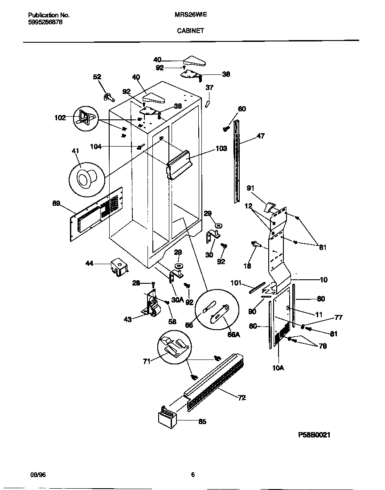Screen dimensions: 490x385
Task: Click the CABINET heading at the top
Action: tap(190, 31)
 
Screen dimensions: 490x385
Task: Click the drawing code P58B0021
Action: tap(314, 435)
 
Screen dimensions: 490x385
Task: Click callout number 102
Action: tap(60, 118)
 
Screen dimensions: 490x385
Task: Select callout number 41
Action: tap(75, 152)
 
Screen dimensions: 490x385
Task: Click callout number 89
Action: tap(56, 204)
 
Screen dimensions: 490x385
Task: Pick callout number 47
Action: tap(260, 136)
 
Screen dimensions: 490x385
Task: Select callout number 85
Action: tap(202, 421)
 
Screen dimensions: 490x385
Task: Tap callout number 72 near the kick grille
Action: tap(242, 398)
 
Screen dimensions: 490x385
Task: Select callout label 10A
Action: tap(278, 367)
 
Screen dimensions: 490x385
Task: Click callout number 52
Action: tap(97, 77)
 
